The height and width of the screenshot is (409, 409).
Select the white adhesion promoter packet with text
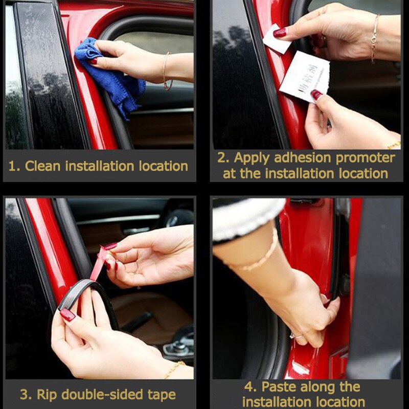[305, 76]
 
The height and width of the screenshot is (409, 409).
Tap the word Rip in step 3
[47, 395]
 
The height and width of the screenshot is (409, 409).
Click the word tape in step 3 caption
[158, 395]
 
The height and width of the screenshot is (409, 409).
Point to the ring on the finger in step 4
[296, 336]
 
